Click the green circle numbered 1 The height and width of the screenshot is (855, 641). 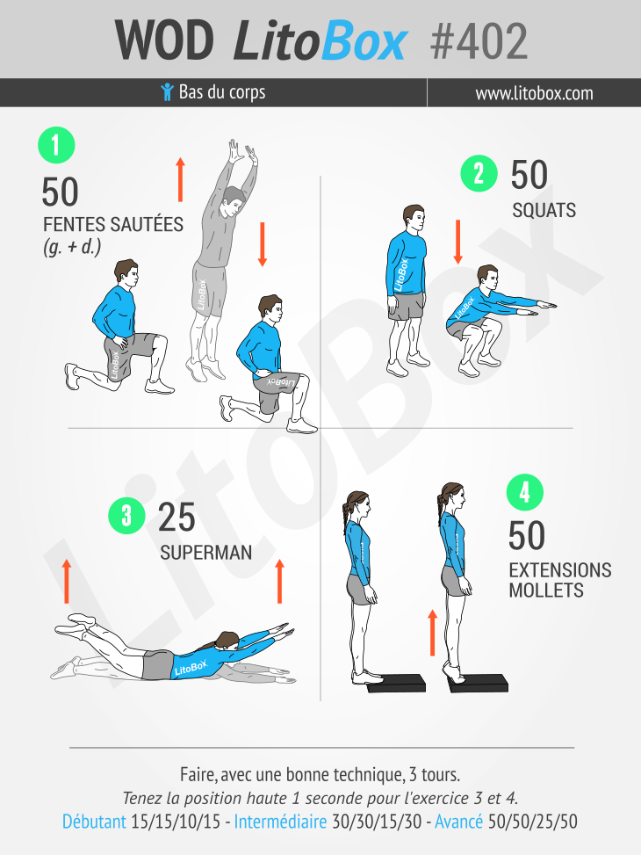56,145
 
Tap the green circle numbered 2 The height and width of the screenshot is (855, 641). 479,173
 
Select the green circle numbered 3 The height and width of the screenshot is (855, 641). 126,515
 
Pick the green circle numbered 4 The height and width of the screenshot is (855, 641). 525,492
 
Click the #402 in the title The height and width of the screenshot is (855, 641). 479,41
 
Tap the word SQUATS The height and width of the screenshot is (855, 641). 544,211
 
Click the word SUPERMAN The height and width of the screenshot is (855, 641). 206,553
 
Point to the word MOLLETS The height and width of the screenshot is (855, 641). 546,591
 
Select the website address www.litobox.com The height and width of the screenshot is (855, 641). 534,93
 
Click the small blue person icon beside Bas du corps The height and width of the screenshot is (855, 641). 168,92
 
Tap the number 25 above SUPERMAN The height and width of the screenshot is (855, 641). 176,517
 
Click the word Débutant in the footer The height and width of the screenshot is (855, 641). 94,822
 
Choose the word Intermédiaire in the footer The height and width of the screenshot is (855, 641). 280,822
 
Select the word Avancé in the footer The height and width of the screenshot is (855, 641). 458,822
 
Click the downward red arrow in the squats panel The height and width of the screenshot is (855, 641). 457,243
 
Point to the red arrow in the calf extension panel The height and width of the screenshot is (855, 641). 432,633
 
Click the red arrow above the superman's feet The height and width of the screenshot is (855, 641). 67,581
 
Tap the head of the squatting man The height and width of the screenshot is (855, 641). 487,277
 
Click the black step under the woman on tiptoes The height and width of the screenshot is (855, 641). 478,684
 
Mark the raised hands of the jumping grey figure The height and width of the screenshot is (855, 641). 243,152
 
